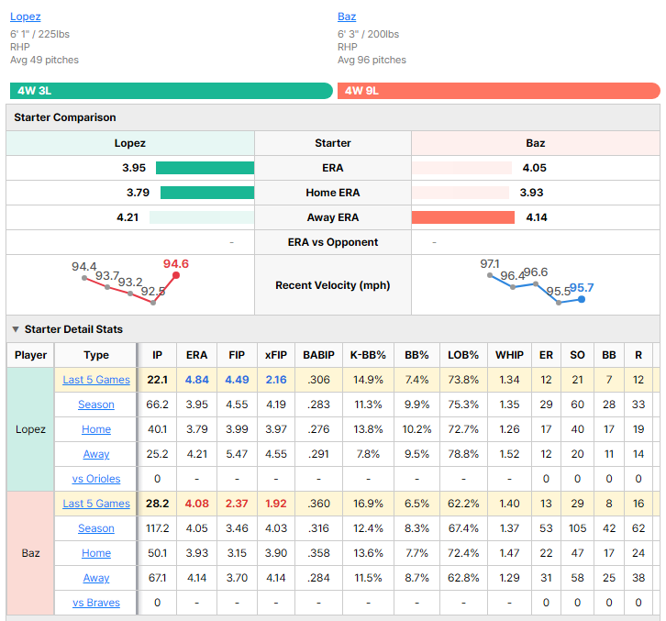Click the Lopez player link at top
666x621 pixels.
click(x=26, y=17)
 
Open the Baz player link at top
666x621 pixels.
click(x=347, y=17)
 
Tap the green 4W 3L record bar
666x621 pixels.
click(x=172, y=91)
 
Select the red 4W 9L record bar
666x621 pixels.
click(x=499, y=91)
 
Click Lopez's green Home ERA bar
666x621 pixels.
click(x=207, y=193)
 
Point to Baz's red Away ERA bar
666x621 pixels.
click(x=463, y=217)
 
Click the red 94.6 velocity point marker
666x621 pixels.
click(x=176, y=275)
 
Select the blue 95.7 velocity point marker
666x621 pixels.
click(x=582, y=299)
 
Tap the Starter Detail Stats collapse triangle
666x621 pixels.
click(x=16, y=329)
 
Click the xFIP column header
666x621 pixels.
click(x=276, y=355)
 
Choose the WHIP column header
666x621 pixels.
click(x=509, y=355)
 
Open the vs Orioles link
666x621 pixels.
click(x=96, y=479)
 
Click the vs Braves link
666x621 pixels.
click(x=96, y=603)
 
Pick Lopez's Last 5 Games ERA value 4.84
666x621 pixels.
click(x=196, y=380)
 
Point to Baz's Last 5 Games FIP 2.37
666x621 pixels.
click(x=237, y=504)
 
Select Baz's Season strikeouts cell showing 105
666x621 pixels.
click(x=577, y=528)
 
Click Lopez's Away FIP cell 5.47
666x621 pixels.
click(x=237, y=454)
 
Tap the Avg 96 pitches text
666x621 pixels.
click(x=372, y=60)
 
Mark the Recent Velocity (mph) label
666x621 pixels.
click(x=333, y=285)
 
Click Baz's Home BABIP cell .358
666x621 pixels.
click(x=318, y=553)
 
